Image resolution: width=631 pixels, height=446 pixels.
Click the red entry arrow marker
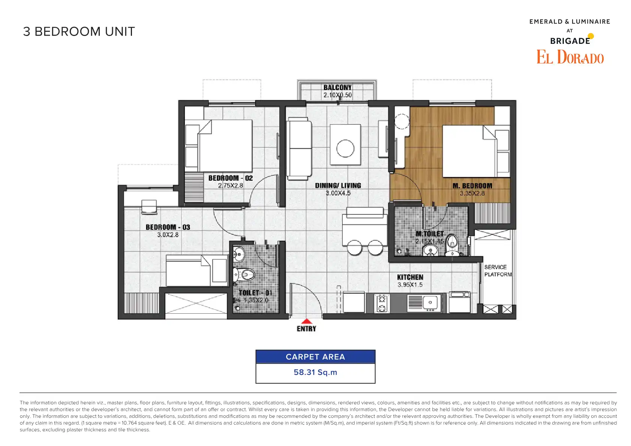306,321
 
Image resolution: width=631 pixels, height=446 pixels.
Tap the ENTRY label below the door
306,329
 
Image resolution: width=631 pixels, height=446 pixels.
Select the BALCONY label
337,88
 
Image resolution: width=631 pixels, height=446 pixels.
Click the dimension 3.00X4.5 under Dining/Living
338,193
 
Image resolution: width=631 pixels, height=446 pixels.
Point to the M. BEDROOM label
472,186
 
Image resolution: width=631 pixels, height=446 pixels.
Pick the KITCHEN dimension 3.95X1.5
410,285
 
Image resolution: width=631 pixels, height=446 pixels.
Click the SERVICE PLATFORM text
498,271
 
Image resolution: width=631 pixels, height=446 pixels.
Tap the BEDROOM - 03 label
168,227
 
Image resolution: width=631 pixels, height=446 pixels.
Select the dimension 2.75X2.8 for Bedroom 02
231,186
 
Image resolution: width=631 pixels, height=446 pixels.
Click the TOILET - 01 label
255,293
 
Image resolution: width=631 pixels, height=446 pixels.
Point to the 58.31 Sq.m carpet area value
315,372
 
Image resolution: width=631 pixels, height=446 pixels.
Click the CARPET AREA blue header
315,357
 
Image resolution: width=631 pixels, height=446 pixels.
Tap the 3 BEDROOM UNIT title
79,31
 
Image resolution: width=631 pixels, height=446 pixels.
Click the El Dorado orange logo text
570,57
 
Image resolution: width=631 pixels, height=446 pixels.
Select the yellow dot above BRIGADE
591,36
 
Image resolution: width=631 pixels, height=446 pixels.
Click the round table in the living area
345,148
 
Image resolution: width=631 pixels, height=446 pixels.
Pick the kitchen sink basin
430,302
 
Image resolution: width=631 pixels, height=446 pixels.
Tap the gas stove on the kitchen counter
382,303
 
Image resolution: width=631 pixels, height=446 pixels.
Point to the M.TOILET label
430,234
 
